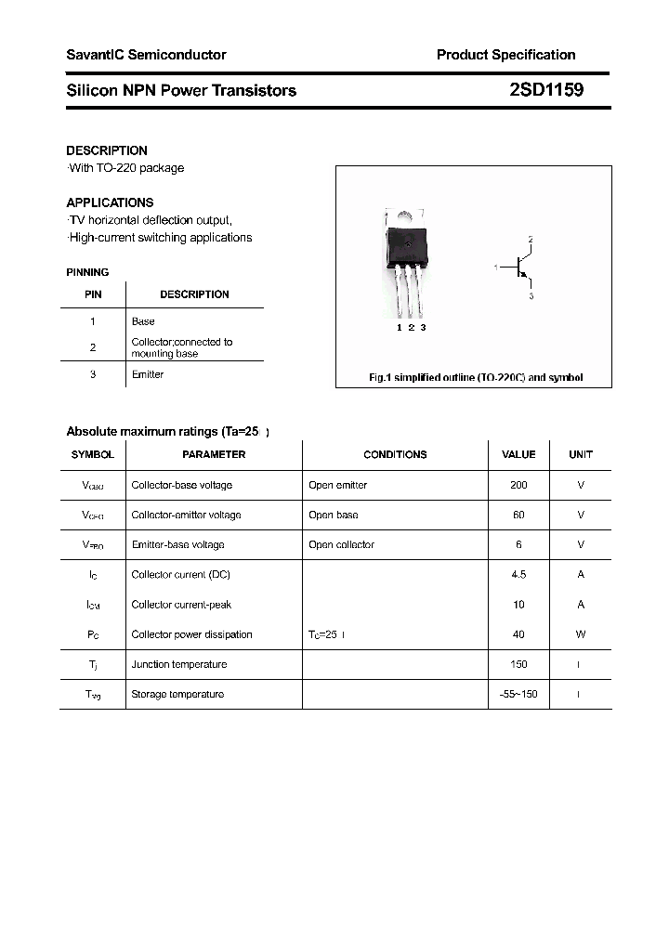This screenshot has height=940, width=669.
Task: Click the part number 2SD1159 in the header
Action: click(546, 90)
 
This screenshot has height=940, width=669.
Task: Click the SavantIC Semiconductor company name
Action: click(146, 55)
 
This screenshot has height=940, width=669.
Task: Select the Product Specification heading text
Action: click(505, 55)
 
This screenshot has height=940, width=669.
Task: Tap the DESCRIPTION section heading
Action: click(107, 150)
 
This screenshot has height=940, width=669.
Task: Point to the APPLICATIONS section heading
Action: click(110, 202)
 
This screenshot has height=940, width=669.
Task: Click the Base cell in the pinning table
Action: click(143, 321)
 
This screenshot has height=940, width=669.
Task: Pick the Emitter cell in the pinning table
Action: click(148, 374)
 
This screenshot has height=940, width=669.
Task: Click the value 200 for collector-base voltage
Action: click(518, 485)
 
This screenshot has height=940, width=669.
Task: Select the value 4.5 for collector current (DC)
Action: click(518, 574)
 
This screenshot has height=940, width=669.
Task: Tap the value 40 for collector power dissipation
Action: click(518, 634)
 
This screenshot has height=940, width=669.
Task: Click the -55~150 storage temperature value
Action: click(518, 694)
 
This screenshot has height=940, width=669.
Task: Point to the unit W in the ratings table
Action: click(581, 634)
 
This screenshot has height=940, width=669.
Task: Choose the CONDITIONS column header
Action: click(395, 454)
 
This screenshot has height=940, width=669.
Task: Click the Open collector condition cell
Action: click(341, 544)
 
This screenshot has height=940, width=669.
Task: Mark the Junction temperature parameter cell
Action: click(179, 664)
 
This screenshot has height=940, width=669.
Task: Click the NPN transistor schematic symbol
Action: click(520, 268)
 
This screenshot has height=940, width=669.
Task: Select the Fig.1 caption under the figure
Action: click(476, 378)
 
